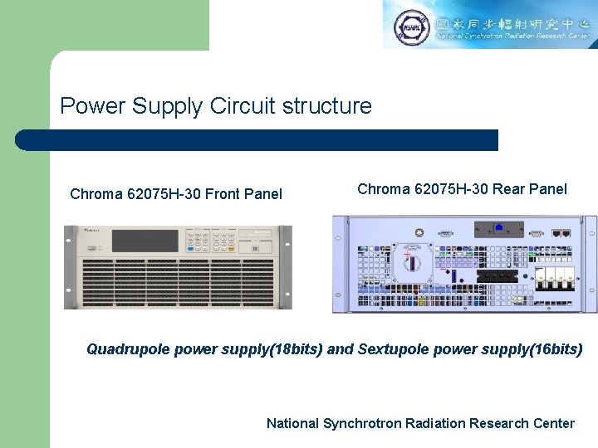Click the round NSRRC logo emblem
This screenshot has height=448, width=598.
click(x=412, y=25)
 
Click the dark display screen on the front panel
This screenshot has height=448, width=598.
click(x=145, y=241)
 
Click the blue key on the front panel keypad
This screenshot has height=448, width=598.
click(x=191, y=248)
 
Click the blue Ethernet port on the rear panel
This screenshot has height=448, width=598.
click(x=498, y=226)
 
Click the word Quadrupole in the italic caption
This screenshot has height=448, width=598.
click(x=129, y=349)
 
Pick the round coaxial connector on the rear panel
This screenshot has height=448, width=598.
click(x=419, y=233)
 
